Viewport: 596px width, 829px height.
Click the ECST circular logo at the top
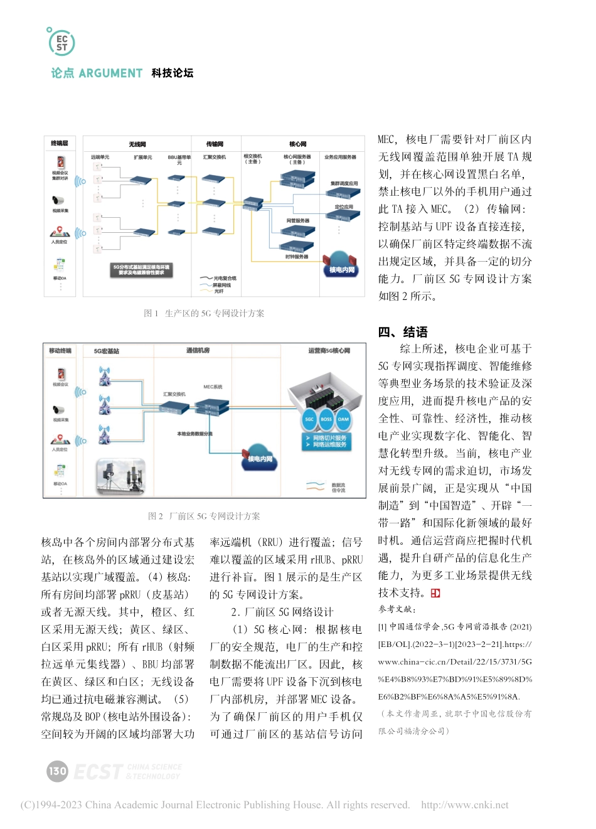point(61,42)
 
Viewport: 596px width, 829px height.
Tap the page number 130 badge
point(57,771)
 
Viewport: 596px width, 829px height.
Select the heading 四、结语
point(403,332)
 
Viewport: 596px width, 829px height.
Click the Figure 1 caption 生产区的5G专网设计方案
point(205,313)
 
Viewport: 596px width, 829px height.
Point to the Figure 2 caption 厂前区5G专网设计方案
point(205,516)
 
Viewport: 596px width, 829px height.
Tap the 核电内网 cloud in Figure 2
point(260,458)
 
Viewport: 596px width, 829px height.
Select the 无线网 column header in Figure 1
point(137,144)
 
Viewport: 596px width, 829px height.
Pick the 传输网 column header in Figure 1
point(215,144)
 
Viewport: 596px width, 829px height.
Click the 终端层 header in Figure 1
point(60,144)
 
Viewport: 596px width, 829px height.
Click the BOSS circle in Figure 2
point(326,419)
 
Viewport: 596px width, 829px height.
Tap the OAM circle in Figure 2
point(343,419)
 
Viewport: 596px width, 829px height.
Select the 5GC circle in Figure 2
point(309,419)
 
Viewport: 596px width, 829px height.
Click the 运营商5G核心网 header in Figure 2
point(329,351)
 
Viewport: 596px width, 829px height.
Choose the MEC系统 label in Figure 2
point(213,387)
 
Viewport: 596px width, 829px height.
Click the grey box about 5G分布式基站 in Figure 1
point(141,270)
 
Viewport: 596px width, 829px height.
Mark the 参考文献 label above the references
point(397,609)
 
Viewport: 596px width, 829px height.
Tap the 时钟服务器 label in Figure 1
point(297,257)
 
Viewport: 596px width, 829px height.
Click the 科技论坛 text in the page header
point(172,73)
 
